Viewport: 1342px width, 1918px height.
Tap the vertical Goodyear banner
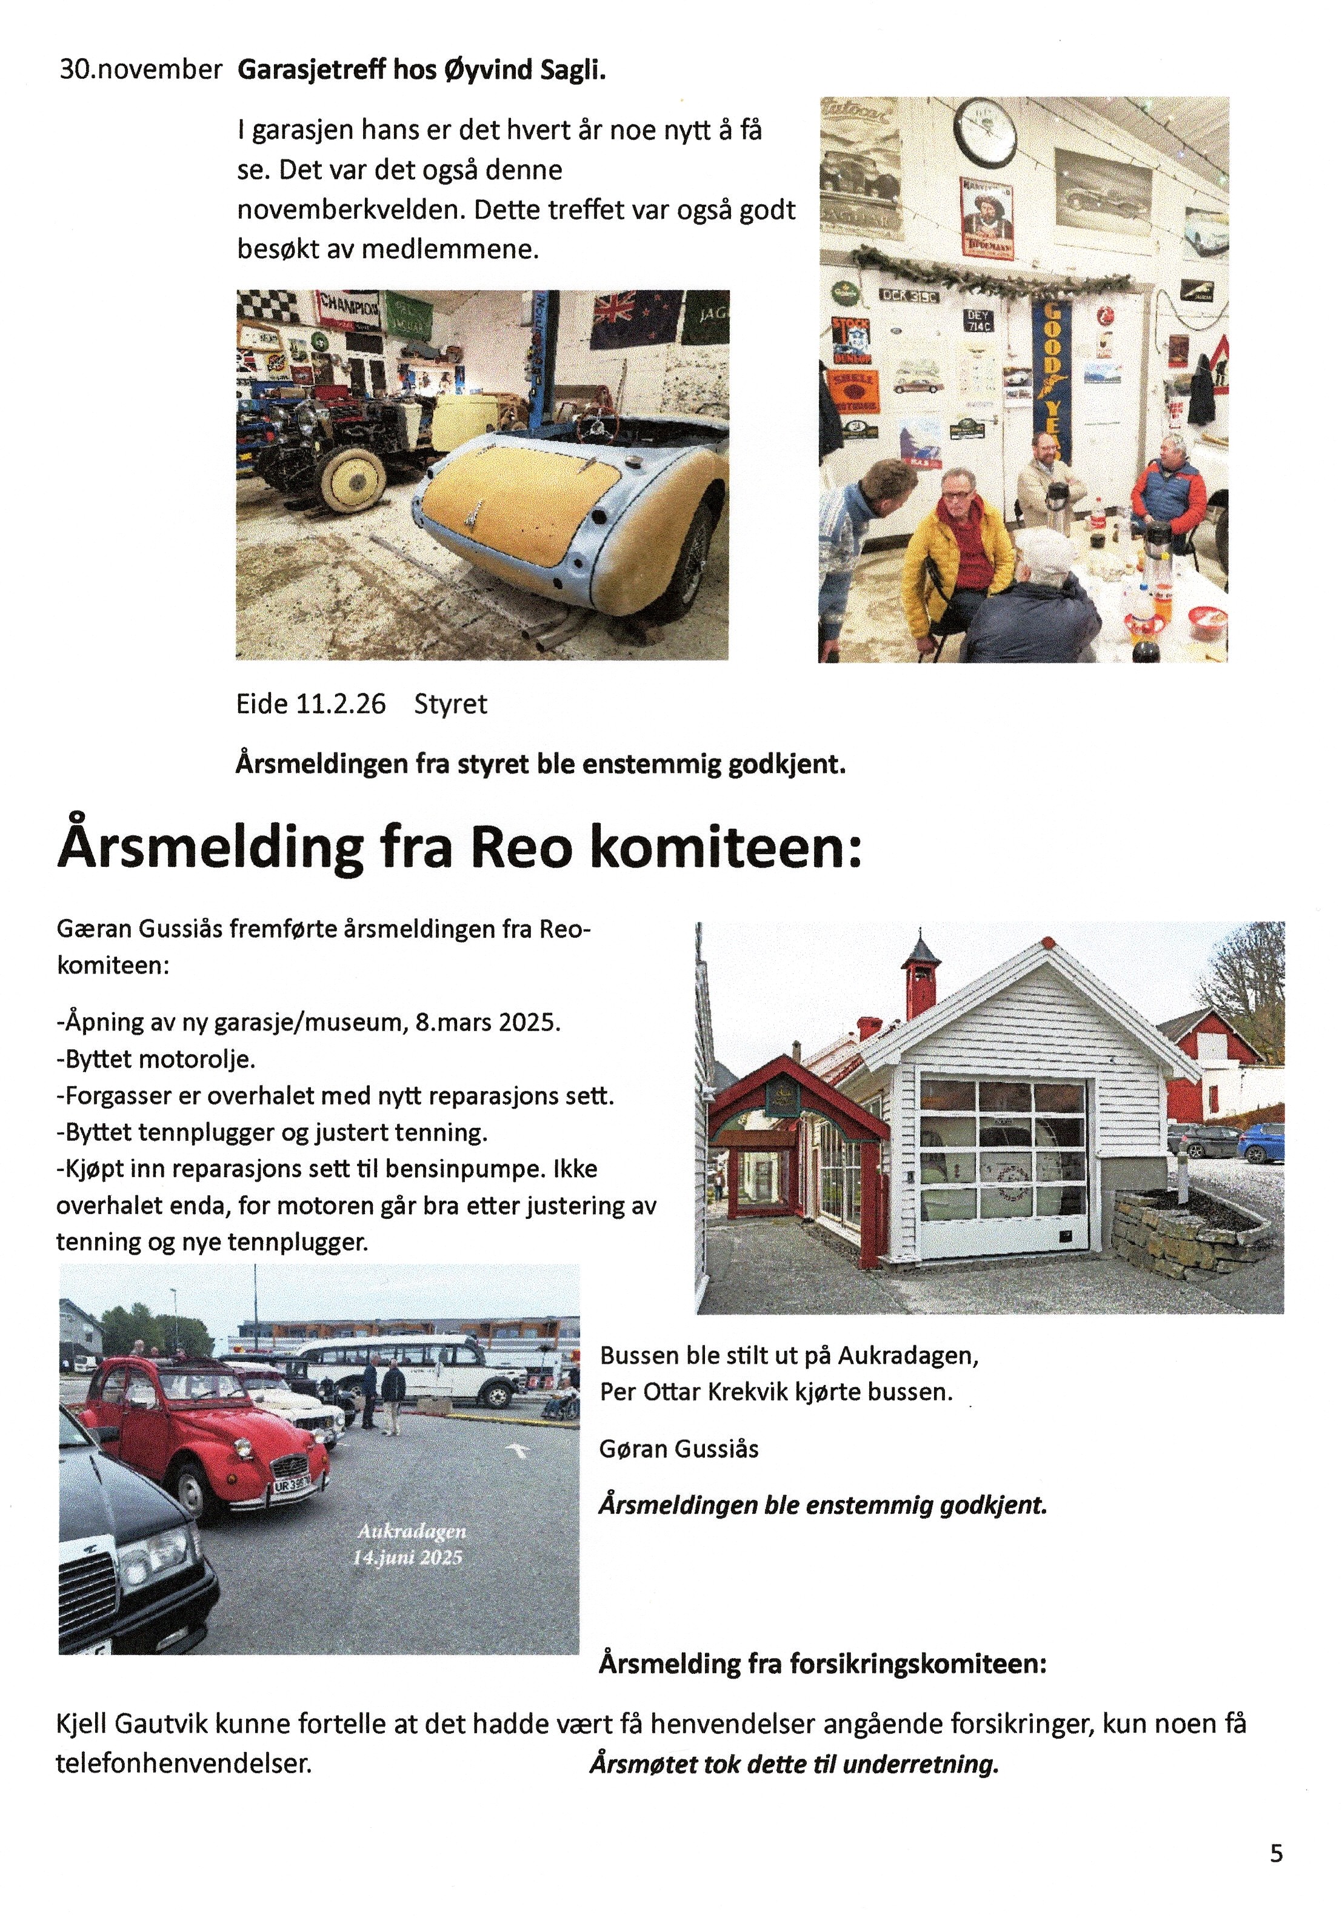pos(1053,380)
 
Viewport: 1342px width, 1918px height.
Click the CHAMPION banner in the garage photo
pos(347,309)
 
